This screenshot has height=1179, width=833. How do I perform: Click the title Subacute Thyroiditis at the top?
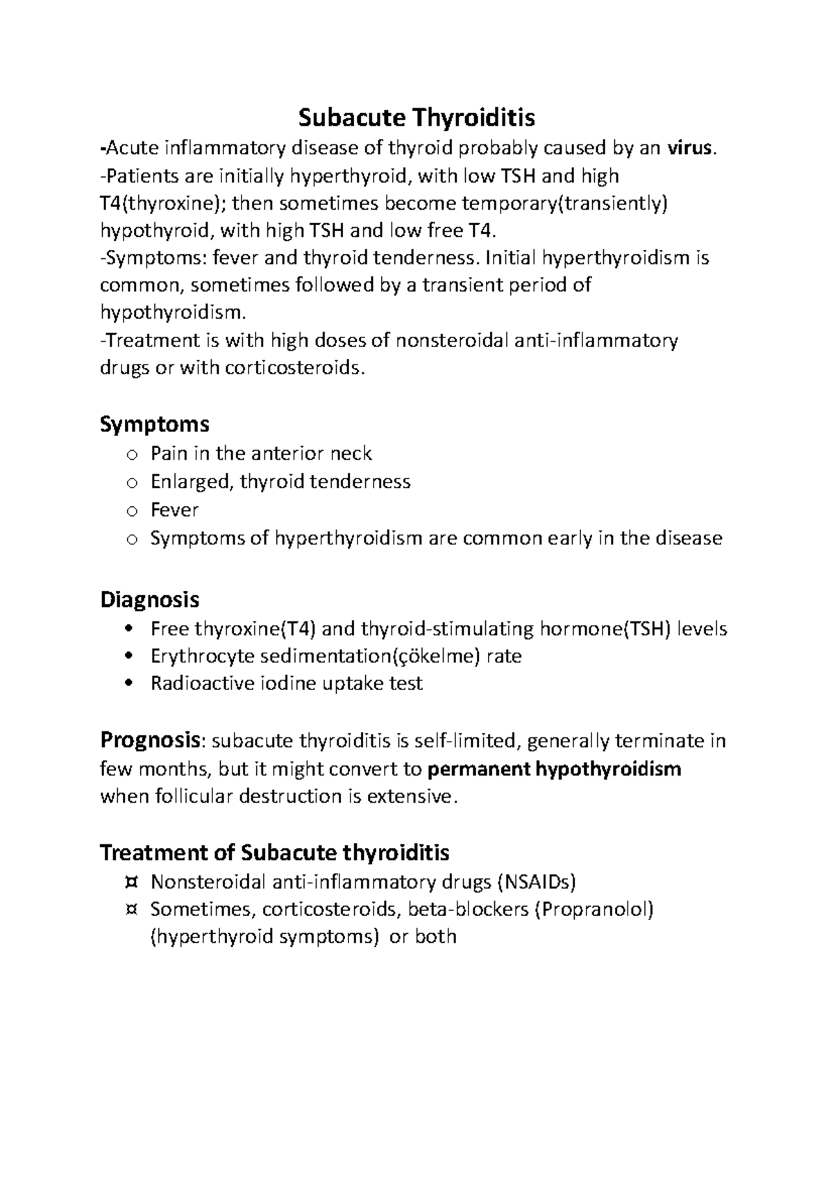pos(416,119)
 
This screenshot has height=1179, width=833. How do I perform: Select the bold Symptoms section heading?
pos(155,424)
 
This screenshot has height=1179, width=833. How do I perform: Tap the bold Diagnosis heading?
pos(150,599)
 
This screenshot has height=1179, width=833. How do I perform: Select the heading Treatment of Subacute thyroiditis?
pos(275,852)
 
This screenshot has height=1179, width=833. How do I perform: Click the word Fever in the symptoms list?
pos(174,510)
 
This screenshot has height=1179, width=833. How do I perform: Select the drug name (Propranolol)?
pos(594,909)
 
